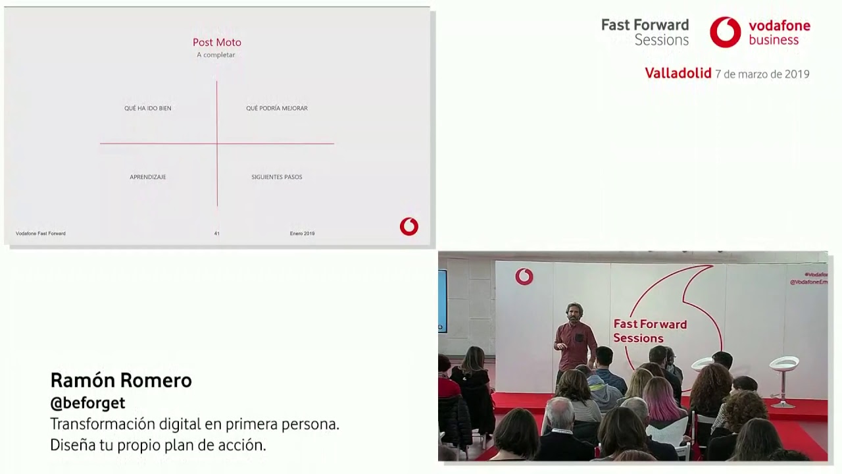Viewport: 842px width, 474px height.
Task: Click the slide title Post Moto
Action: [217, 42]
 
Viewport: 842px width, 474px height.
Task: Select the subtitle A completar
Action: [216, 55]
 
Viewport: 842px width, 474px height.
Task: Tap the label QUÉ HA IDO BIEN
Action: [148, 108]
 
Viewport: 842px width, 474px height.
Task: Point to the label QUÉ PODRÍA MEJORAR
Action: [277, 108]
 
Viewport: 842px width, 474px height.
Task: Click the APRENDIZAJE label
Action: [148, 177]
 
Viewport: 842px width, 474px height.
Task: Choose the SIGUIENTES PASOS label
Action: [277, 177]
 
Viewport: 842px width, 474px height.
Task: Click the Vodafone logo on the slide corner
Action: [409, 226]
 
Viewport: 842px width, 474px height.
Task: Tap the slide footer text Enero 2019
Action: [302, 234]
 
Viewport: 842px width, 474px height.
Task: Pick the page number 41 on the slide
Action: [217, 234]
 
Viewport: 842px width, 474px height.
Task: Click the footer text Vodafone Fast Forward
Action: [41, 234]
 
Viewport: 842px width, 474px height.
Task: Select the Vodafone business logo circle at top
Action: [725, 32]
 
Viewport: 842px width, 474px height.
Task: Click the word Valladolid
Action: [678, 74]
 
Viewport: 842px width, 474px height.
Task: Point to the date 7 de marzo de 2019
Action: [762, 74]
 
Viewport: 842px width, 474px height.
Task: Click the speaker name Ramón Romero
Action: [121, 381]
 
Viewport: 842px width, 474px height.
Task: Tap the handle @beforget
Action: [87, 403]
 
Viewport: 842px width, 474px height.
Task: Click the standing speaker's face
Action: [574, 312]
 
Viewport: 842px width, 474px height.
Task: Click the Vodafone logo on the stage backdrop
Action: [524, 276]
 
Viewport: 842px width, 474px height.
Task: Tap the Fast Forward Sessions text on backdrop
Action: [650, 331]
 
